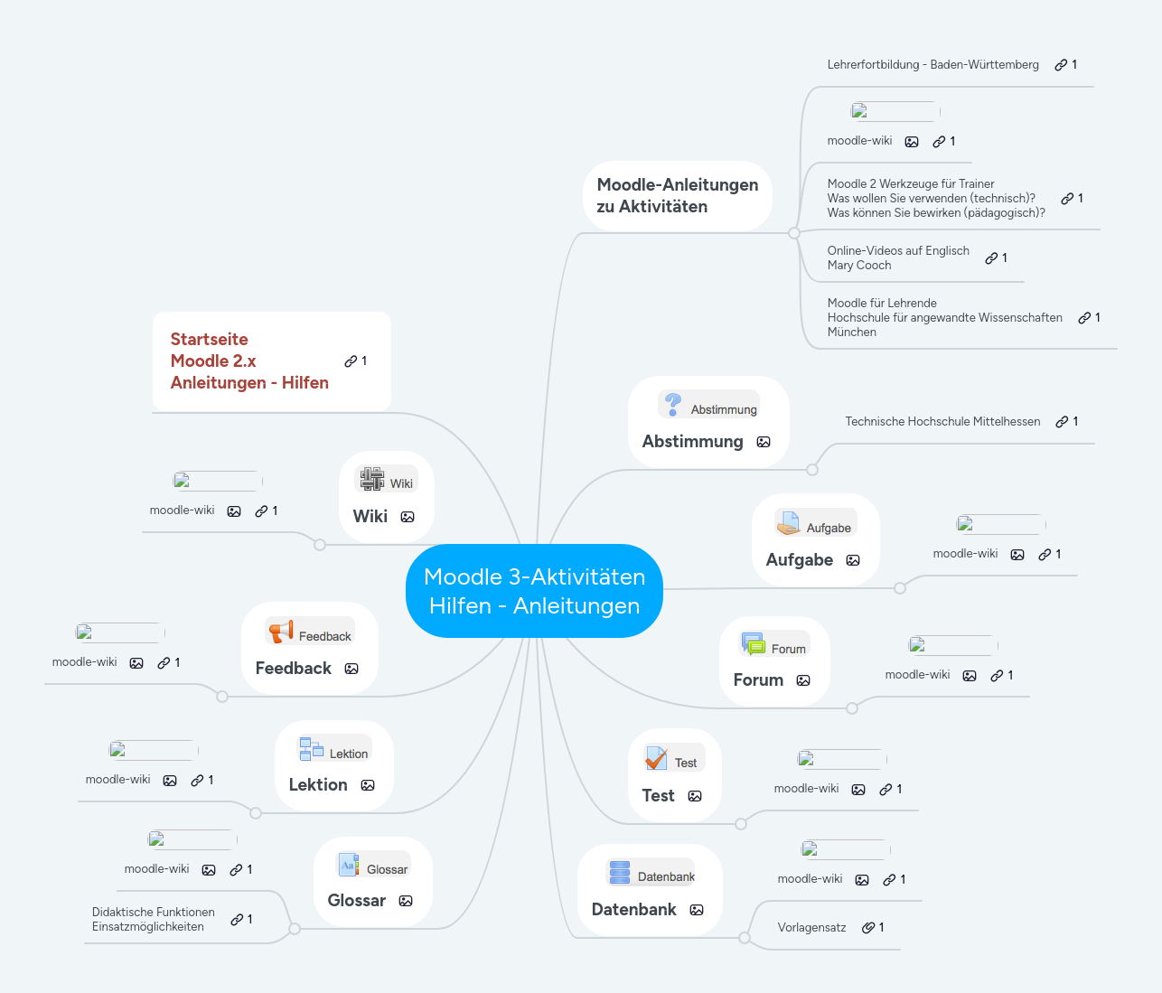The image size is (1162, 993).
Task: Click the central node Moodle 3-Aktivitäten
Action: click(534, 591)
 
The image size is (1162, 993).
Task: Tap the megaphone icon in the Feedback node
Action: click(281, 632)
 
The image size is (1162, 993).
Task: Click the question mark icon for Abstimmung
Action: click(673, 404)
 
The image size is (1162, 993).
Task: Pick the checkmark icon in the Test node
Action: click(656, 758)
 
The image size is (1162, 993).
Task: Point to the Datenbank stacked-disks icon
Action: click(620, 872)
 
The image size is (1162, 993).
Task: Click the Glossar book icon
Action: click(349, 865)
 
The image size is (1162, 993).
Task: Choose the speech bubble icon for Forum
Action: click(753, 643)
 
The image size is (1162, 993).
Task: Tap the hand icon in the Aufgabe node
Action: click(788, 522)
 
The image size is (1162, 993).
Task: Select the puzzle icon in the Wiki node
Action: click(371, 479)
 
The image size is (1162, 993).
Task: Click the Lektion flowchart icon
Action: click(311, 749)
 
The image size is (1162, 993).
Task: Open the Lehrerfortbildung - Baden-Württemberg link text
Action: click(932, 65)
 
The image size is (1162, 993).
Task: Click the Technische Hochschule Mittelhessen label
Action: click(942, 422)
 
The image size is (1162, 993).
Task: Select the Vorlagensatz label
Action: click(811, 928)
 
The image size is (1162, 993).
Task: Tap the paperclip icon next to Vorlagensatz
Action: click(867, 928)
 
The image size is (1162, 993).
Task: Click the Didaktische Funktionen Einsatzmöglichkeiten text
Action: click(153, 920)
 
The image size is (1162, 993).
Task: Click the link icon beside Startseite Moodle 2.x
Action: click(351, 361)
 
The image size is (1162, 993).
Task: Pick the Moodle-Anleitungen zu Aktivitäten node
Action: click(677, 196)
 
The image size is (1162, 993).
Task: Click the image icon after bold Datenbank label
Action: click(697, 910)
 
